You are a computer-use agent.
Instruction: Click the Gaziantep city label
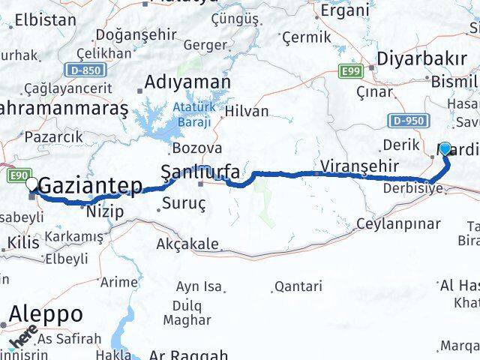click(90, 184)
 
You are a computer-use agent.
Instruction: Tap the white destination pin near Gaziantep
click(31, 183)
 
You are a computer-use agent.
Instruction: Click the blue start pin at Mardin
click(445, 148)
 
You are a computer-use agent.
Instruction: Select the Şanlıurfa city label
click(202, 172)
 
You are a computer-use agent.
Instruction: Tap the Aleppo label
click(46, 314)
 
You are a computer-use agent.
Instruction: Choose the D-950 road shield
click(409, 120)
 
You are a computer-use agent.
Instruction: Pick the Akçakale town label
click(187, 244)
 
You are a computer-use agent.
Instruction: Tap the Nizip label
click(103, 211)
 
